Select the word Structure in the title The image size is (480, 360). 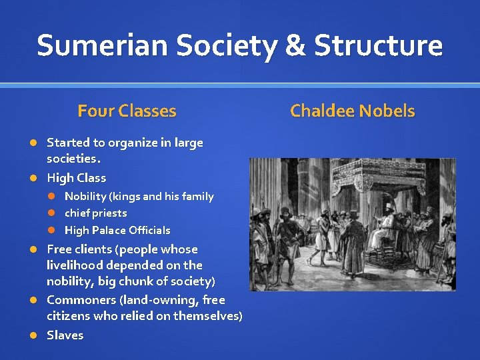[x=378, y=45]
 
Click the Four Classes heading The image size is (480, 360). [x=127, y=111]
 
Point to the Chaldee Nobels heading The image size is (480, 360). [x=352, y=111]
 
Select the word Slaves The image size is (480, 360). [x=65, y=335]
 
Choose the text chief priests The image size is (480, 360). [x=95, y=213]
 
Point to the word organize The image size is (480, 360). [x=132, y=143]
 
